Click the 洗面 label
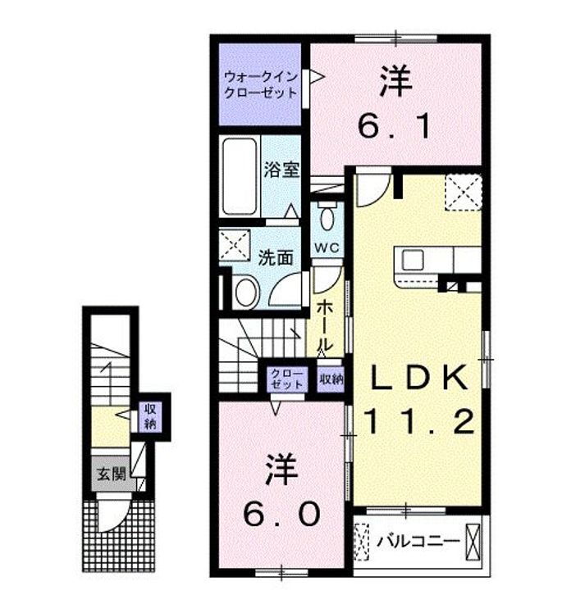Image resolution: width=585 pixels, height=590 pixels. click(276, 257)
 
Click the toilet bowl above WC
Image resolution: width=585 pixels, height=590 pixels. click(328, 217)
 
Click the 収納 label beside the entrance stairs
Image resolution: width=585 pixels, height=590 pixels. click(151, 415)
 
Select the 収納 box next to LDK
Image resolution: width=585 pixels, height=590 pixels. click(331, 379)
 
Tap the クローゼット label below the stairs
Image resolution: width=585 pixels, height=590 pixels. click(287, 379)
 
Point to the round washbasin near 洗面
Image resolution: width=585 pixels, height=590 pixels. click(243, 291)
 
